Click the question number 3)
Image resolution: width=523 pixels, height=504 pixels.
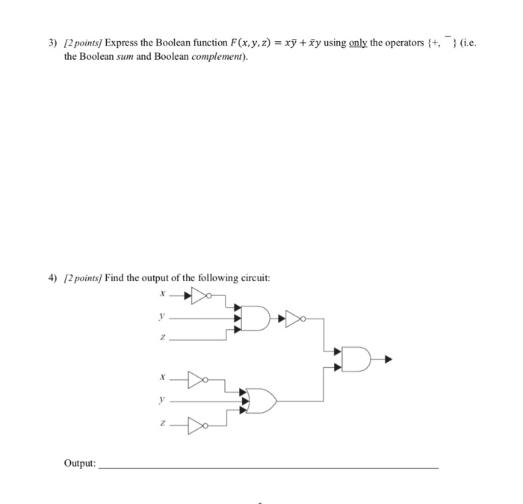52,43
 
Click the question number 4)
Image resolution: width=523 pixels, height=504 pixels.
52,278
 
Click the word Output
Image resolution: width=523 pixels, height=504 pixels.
79,464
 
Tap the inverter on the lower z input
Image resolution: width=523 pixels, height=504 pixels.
197,427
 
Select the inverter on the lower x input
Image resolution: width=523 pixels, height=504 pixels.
197,379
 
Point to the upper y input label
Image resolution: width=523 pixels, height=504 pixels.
160,317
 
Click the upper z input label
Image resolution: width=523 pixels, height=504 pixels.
160,339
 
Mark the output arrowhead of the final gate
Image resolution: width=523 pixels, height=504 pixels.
389,360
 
